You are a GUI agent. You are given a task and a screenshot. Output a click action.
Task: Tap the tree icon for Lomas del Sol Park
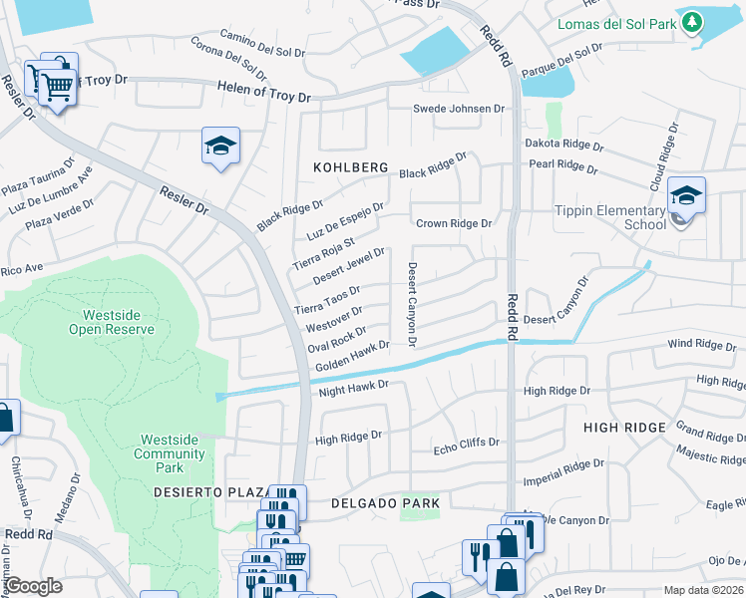coord(691,24)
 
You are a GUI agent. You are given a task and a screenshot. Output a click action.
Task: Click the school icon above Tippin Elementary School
coord(686,195)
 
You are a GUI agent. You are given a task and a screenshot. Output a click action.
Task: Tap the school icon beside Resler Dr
coord(220,147)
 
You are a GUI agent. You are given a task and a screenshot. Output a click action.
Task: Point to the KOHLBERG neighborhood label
coord(350,168)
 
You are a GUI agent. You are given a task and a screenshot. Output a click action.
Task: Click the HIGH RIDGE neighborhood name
coord(624,428)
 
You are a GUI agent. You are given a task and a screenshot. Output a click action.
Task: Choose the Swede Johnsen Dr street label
coord(460,109)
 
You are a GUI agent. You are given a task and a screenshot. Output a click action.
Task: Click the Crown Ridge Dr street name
coord(454,224)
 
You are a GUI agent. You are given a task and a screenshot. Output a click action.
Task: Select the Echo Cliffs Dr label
coord(466,446)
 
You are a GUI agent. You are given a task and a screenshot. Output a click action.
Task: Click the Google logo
coord(33,586)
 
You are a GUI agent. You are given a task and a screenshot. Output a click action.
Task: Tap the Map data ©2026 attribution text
coord(703,590)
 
